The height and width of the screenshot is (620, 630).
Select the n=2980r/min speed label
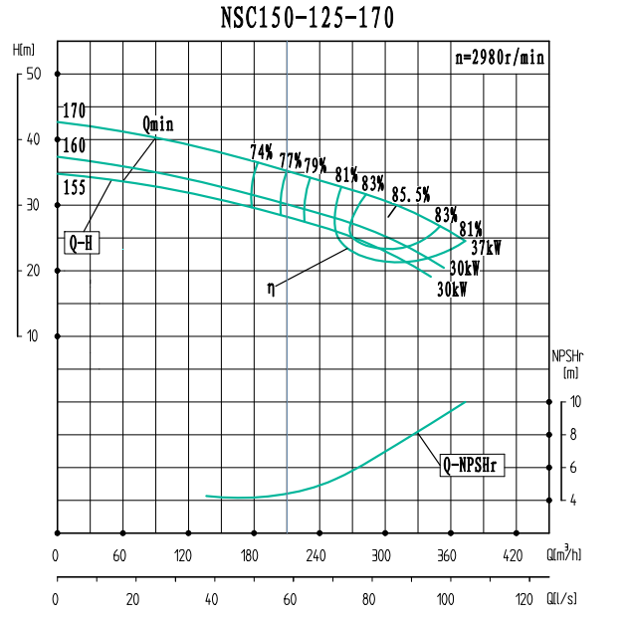point(500,58)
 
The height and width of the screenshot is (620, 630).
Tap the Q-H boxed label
point(81,243)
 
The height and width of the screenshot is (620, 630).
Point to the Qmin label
point(158,124)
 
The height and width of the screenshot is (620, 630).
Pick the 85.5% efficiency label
point(410,193)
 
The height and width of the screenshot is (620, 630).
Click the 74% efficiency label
point(262,152)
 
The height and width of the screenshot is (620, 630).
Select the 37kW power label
point(486,247)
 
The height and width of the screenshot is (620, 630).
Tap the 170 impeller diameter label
point(74,110)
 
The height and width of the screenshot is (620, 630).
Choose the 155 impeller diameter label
point(74,187)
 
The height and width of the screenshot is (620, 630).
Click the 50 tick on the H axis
point(33,74)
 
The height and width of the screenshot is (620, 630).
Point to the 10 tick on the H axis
point(33,336)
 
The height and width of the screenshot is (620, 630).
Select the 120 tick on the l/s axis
point(522,600)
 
